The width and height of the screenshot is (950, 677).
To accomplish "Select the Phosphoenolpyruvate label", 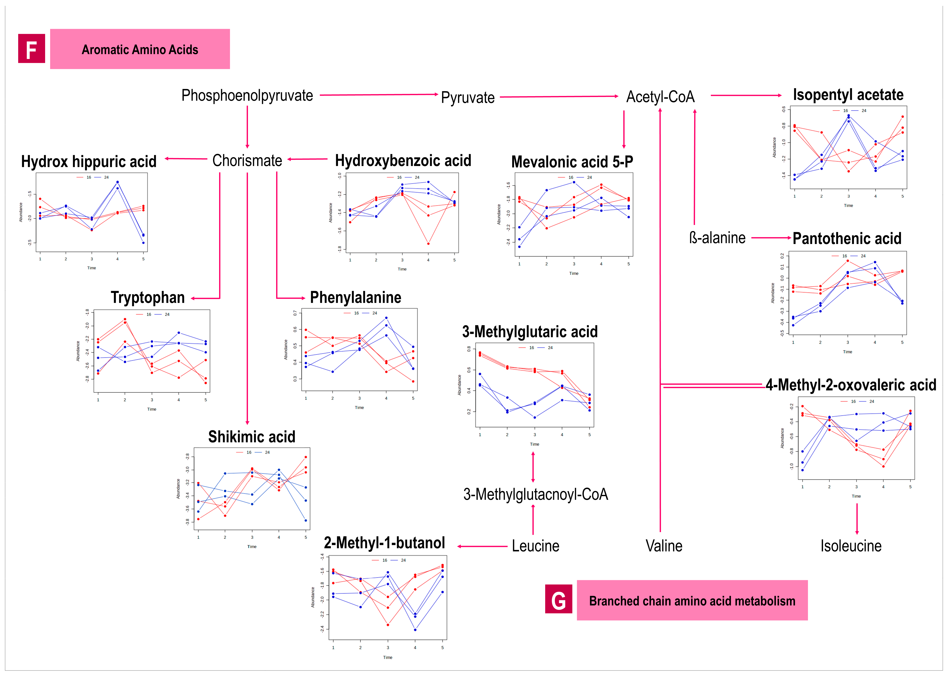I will click(x=247, y=96).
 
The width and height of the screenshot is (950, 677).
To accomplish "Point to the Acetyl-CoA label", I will click(x=660, y=97).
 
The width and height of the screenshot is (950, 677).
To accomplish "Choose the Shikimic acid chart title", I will click(x=251, y=437).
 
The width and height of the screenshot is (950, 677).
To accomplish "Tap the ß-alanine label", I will click(x=717, y=238).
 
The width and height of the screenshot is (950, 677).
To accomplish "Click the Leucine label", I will click(x=536, y=546).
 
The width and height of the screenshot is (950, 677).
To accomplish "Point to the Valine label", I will click(x=664, y=546).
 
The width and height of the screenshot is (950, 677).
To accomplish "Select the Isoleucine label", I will click(x=851, y=546).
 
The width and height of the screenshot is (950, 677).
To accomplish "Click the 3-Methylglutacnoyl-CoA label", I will click(x=536, y=494).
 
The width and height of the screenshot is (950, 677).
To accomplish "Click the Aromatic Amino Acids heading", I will click(x=140, y=50).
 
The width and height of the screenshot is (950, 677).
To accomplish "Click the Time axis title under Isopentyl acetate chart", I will click(x=848, y=206).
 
